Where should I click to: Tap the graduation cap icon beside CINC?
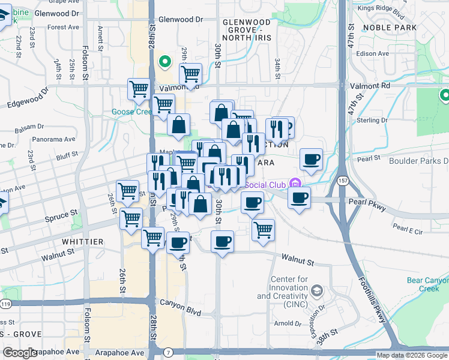coord(318,291)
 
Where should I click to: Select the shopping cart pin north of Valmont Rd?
coord(190,74)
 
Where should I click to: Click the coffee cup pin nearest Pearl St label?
coord(311,160)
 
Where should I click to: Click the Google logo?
coord(20,353)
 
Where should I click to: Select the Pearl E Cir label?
coord(408,229)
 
